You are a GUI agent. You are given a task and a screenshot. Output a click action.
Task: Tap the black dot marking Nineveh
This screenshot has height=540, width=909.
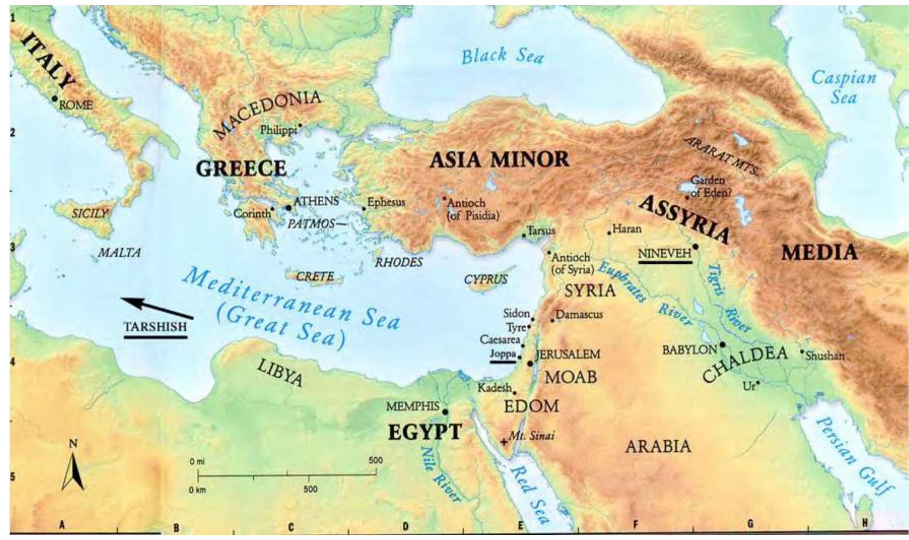695,247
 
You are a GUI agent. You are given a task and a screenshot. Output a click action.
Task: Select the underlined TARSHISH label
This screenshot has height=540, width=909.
155,327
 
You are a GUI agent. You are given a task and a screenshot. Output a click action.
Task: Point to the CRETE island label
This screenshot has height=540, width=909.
315,277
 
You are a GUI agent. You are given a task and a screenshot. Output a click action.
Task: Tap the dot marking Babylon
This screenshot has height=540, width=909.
722,345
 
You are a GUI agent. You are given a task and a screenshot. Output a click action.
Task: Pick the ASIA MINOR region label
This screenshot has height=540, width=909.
499,160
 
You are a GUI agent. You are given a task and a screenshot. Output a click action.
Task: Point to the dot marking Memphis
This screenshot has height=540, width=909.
445,412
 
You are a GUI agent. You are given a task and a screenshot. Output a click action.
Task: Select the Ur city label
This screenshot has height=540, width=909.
748,385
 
